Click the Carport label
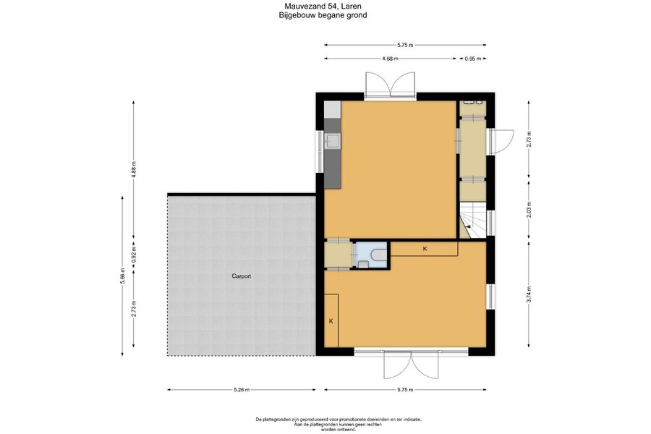[x=241, y=276]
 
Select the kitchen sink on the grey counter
[x=333, y=142]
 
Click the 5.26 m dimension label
[x=241, y=390]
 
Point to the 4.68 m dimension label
[x=390, y=59]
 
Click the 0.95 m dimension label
[x=472, y=59]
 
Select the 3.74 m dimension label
[x=529, y=294]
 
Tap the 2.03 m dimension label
[x=529, y=210]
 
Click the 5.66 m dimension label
[x=122, y=276]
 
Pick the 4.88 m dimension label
[x=134, y=169]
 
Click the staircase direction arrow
[x=468, y=226]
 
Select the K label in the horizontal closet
[x=425, y=249]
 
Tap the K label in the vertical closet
[x=331, y=321]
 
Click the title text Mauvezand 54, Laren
[x=323, y=7]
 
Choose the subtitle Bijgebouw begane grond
[x=323, y=15]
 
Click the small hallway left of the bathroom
[x=339, y=255]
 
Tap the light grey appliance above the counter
[x=333, y=109]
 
